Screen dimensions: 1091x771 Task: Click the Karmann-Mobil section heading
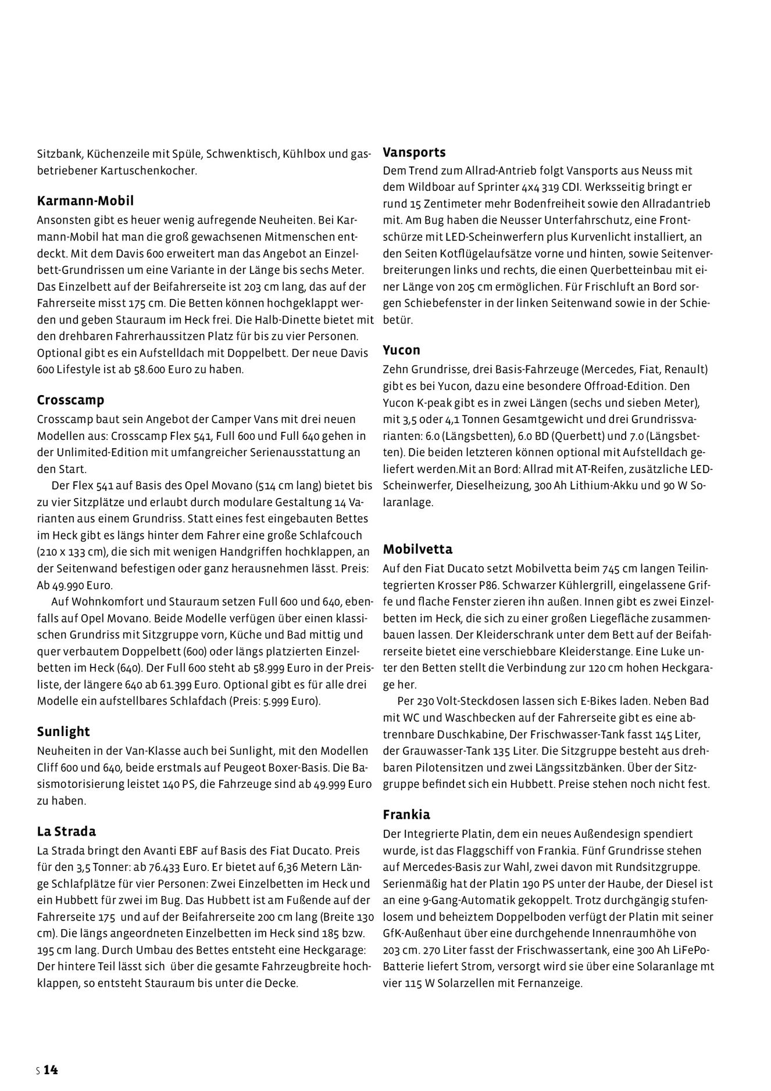tap(85, 201)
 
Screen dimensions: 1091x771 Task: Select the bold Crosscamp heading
tap(71, 400)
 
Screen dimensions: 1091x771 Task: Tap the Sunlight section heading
tap(64, 731)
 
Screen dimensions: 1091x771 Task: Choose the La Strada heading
tap(67, 831)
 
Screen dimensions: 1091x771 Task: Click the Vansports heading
tap(415, 152)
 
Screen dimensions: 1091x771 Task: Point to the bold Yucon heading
tap(402, 350)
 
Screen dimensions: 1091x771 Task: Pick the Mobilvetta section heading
tap(417, 549)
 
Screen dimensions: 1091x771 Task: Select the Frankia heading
tap(406, 815)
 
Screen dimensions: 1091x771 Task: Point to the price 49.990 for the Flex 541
tap(69, 585)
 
